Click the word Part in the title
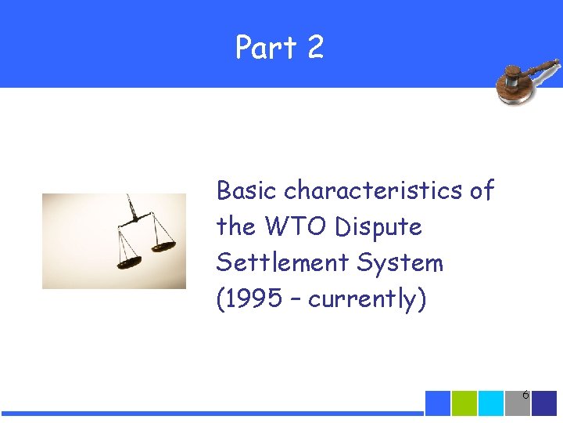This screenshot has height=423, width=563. point(265,48)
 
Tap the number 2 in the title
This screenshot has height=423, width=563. point(315,48)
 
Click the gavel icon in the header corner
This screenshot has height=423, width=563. point(528,81)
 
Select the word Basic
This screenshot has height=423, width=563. point(247,190)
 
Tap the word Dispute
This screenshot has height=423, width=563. point(378,227)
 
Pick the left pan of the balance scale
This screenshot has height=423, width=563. point(128,261)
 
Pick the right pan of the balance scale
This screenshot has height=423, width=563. point(163,247)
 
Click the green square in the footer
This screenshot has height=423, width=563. point(464,403)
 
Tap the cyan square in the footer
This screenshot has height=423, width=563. point(491,403)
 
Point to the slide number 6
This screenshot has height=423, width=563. point(525,396)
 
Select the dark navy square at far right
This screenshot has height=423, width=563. point(544,403)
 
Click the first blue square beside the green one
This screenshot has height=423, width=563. point(438,403)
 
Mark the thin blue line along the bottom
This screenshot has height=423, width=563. point(211,413)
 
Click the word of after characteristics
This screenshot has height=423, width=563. point(482,190)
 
